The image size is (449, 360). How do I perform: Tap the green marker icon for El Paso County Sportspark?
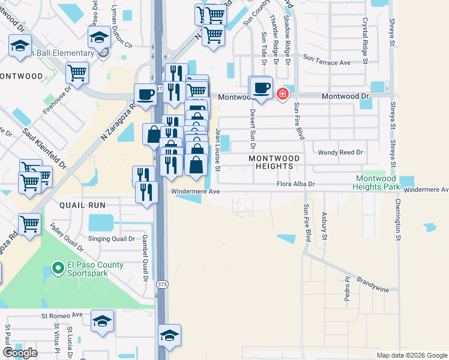pyautogui.click(x=58, y=268)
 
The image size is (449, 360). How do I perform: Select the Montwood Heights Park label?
pyautogui.click(x=378, y=183)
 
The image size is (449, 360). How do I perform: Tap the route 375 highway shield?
pyautogui.click(x=161, y=283)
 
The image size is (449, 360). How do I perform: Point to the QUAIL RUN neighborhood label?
pyautogui.click(x=82, y=205)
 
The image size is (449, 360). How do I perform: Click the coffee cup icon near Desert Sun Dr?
pyautogui.click(x=261, y=87)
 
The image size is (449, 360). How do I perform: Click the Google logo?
pyautogui.click(x=20, y=353)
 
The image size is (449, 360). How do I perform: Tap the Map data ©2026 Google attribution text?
pyautogui.click(x=411, y=355)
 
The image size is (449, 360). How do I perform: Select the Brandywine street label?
pyautogui.click(x=373, y=284)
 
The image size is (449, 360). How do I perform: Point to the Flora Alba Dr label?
pyautogui.click(x=296, y=185)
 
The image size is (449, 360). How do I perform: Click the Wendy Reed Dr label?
pyautogui.click(x=340, y=152)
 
